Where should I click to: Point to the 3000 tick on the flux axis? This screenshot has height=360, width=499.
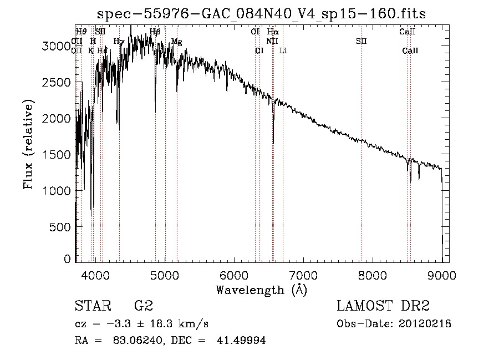(57, 47)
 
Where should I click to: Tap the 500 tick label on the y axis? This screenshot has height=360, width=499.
(60, 227)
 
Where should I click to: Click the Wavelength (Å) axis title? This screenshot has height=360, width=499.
(261, 290)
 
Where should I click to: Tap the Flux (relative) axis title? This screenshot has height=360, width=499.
(28, 144)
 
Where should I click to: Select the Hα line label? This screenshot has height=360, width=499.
(273, 32)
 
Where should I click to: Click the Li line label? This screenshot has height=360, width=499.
(283, 50)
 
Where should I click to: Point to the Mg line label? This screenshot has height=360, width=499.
(177, 42)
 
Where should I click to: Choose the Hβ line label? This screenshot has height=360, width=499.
(155, 32)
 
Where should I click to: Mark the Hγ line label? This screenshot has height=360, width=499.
(119, 41)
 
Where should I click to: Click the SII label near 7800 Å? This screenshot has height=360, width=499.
(361, 41)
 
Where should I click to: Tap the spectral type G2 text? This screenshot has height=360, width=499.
(143, 306)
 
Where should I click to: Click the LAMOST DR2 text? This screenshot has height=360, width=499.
(383, 306)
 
